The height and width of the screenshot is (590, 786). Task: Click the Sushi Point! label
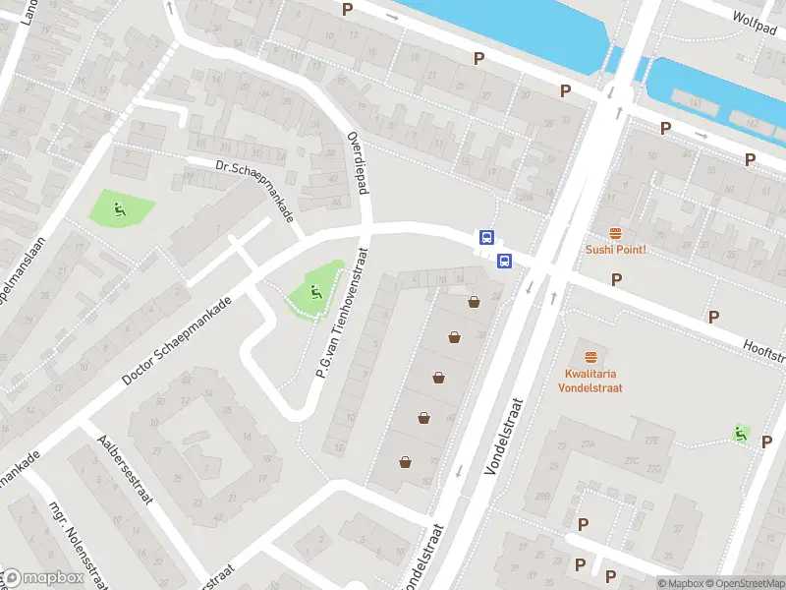(616, 250)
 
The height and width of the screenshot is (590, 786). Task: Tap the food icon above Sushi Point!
(616, 233)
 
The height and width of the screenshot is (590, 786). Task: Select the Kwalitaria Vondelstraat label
(593, 381)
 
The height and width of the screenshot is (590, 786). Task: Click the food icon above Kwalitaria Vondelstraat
(591, 357)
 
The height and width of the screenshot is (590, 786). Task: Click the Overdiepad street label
(357, 162)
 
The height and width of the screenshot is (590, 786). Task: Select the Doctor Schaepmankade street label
(177, 340)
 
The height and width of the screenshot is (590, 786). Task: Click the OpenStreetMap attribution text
(746, 583)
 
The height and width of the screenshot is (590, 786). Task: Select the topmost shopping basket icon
(475, 302)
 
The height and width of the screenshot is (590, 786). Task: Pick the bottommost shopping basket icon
(405, 461)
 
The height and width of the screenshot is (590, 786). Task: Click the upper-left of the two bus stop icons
(485, 237)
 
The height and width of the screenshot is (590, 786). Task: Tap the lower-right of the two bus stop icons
(504, 261)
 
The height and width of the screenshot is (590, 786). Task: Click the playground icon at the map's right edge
(741, 433)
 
